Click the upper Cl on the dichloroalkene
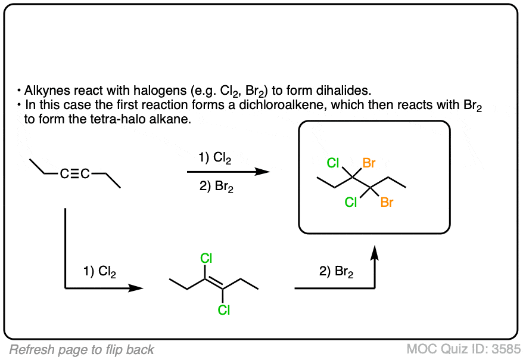click(x=206, y=259)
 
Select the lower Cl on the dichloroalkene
click(x=223, y=310)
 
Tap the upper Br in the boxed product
click(x=370, y=163)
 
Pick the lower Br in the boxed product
click(x=387, y=203)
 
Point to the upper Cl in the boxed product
click(x=334, y=163)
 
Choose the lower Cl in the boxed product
click(x=351, y=203)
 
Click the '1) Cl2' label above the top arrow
click(x=215, y=158)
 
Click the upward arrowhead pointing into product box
click(x=375, y=253)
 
